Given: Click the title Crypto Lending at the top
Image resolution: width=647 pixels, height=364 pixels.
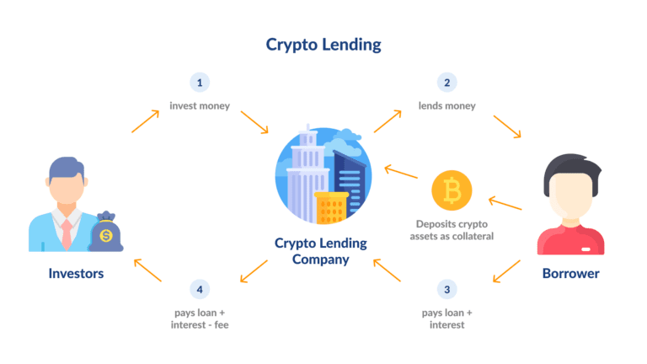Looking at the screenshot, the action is [x=323, y=45].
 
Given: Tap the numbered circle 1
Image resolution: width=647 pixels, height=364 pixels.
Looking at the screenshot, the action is [x=200, y=83].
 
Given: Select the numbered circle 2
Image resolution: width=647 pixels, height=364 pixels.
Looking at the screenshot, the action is [x=446, y=83].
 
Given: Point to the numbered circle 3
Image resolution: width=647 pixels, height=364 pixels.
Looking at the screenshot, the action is [x=446, y=289].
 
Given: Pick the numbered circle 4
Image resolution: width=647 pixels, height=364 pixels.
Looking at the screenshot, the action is [x=200, y=289].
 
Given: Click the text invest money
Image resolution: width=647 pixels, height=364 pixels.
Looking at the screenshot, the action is [x=200, y=105].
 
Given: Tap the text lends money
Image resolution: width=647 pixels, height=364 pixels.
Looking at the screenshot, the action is [x=446, y=105].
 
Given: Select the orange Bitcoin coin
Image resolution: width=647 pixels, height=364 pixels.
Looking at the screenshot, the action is [x=452, y=190].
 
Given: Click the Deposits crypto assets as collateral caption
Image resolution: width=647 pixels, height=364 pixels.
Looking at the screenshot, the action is [x=452, y=230].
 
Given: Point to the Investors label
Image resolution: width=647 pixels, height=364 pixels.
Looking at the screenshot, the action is [x=76, y=273].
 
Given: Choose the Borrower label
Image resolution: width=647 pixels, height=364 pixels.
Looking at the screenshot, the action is [x=570, y=273].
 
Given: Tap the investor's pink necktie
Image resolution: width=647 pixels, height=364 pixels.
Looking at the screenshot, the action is [x=67, y=234].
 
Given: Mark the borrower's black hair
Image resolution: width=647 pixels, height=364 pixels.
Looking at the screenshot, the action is [x=572, y=169].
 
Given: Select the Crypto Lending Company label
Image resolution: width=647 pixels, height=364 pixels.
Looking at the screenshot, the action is [x=321, y=251].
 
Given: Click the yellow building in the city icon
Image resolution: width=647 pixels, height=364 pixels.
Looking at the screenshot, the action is [x=331, y=207].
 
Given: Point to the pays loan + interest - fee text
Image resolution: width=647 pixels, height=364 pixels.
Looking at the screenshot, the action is [x=200, y=318].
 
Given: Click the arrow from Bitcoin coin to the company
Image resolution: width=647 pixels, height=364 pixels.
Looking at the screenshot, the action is [x=401, y=172].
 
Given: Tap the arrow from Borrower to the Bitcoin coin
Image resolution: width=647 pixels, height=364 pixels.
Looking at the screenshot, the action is [x=505, y=203].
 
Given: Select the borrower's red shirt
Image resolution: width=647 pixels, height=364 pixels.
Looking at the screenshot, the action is [x=570, y=240].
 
